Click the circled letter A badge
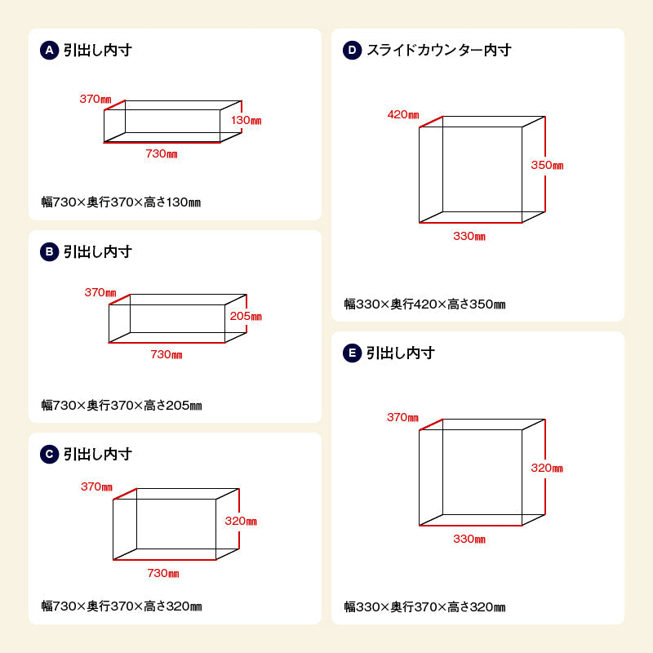pos(49,50)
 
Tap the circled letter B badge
pos(49,251)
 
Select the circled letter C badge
pos(49,454)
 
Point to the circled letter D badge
pos(352,50)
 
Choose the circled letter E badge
pos(352,353)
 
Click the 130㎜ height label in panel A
pos(247,120)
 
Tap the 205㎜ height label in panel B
pos(246,316)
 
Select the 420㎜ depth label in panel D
pos(403,114)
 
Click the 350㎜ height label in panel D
pos(547,165)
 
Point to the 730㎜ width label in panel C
pos(162,574)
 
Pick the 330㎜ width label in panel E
pos(469,539)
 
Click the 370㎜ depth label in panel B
pos(100,292)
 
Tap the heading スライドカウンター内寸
pos(439,50)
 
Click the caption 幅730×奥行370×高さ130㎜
pos(121,202)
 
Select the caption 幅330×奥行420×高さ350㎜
pos(424,304)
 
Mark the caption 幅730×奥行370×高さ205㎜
pos(122,405)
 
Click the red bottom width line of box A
pos(162,142)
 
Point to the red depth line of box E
pos(431,424)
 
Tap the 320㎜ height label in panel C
pos(241,521)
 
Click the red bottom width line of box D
pos(471,222)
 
